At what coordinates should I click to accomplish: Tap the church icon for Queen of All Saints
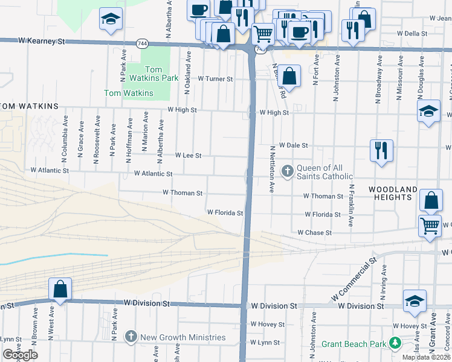[287, 171]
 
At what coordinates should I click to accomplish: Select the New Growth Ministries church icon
[130, 337]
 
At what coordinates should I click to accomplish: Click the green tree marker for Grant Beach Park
[395, 343]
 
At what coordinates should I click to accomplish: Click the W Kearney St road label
[41, 40]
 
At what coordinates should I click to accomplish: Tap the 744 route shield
[142, 43]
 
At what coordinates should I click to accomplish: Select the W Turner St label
[216, 79]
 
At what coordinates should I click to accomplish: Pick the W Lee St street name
[188, 155]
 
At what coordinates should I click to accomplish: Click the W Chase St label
[314, 232]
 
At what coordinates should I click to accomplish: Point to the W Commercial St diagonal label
[354, 280]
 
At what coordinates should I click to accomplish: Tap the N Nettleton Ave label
[273, 169]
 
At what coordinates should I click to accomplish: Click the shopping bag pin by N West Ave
[60, 289]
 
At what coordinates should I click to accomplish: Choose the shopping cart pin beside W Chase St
[430, 226]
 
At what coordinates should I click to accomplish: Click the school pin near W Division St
[415, 301]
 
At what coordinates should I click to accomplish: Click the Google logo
[20, 355]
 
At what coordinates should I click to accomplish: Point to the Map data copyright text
[426, 357]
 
